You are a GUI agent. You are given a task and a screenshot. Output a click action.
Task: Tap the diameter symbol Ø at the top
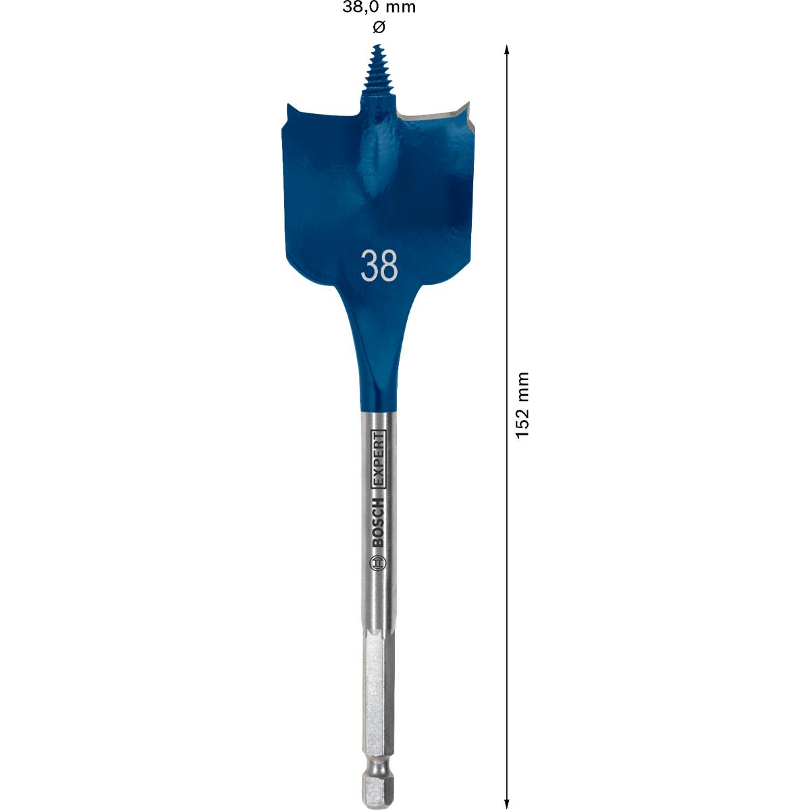(x=379, y=27)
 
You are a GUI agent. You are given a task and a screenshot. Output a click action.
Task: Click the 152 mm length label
(x=522, y=405)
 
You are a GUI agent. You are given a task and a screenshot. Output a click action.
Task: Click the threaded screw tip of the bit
(x=377, y=74)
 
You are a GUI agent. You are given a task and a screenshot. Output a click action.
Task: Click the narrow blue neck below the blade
(x=377, y=385)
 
